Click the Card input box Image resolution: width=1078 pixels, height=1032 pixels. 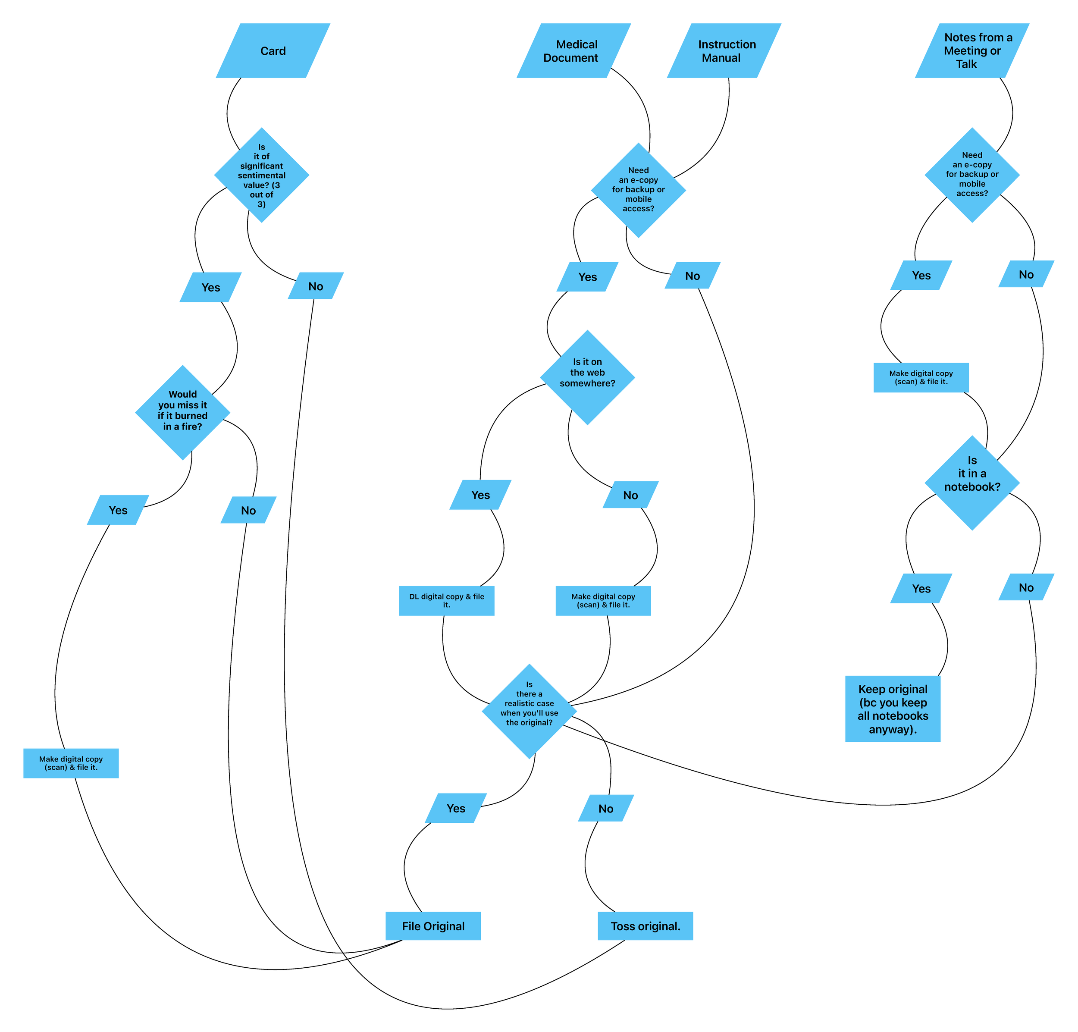[x=273, y=50]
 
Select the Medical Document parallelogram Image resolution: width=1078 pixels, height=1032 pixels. [x=573, y=50]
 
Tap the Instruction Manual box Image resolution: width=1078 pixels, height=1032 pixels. [x=724, y=50]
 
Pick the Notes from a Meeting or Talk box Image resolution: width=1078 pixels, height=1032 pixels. [x=972, y=50]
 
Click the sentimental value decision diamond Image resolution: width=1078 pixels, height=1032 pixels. [x=261, y=176]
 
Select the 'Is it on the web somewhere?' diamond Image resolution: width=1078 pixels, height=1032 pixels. [x=587, y=377]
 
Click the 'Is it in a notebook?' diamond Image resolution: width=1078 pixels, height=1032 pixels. [x=972, y=483]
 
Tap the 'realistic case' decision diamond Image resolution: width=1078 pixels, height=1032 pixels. [x=529, y=711]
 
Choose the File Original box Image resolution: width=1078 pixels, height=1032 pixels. [x=433, y=926]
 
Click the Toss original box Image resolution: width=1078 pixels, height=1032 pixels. [x=645, y=926]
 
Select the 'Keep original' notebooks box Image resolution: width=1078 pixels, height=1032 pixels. [x=893, y=709]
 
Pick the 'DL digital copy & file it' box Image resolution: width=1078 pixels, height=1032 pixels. [x=447, y=601]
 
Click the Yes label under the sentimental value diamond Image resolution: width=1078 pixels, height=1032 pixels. [x=211, y=287]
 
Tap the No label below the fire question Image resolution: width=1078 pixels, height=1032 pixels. [x=248, y=510]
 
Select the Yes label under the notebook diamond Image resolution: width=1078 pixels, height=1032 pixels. [x=921, y=588]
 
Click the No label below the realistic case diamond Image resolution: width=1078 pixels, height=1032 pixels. [x=605, y=808]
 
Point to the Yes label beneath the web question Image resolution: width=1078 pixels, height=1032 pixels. [x=480, y=495]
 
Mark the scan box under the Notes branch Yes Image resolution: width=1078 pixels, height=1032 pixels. [x=921, y=377]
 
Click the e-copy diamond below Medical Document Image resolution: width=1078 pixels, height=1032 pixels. [x=638, y=190]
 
